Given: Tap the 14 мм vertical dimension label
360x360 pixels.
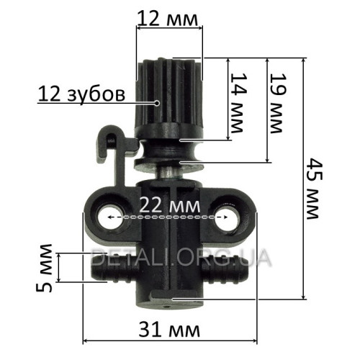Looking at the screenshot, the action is (x=238, y=103).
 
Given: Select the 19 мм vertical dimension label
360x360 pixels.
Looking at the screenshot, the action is (x=279, y=103).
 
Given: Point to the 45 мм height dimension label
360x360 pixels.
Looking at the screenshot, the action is (x=315, y=188).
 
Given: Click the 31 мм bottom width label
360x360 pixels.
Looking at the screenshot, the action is (x=169, y=330).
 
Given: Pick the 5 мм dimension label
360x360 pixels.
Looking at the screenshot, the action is (x=44, y=268).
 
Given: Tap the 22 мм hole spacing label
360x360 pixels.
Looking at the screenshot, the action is (x=170, y=206).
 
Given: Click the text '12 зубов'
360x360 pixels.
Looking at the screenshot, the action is (x=81, y=94).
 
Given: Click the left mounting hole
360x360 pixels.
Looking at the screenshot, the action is (x=111, y=217).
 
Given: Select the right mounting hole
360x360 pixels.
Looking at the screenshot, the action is (x=226, y=217).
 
